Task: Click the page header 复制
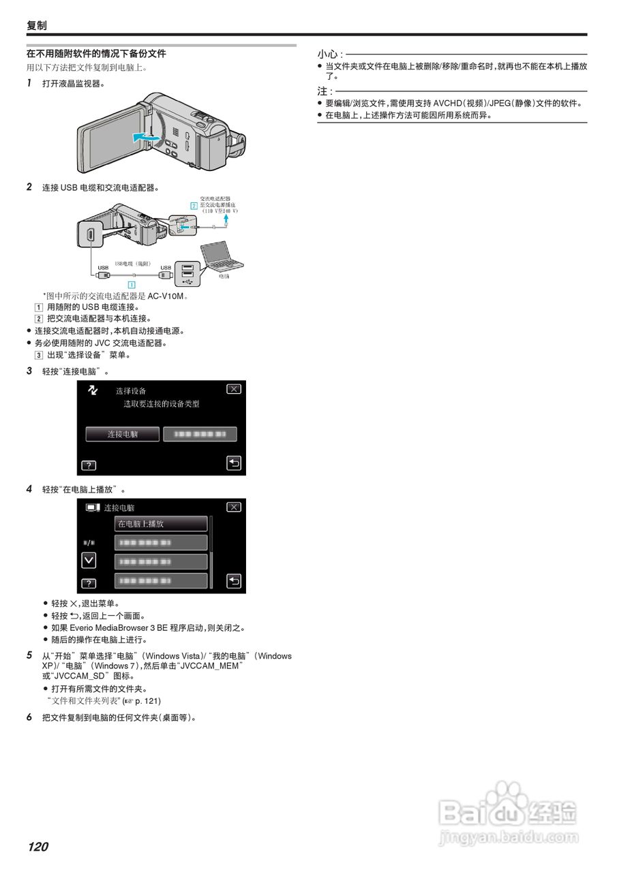pos(37,25)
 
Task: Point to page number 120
pos(38,847)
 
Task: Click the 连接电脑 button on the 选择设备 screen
pos(123,434)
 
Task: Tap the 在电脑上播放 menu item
pos(160,524)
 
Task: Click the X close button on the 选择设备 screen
pos(234,389)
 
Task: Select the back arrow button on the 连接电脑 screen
pos(234,581)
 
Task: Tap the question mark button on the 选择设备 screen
pos(89,466)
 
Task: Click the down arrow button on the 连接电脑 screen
pos(89,560)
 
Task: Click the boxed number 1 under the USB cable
pos(132,284)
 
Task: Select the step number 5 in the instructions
pos(29,655)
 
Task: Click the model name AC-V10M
pos(167,296)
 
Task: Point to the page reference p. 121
pos(148,700)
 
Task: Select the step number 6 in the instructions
pos(29,717)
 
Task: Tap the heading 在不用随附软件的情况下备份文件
pos(96,53)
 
